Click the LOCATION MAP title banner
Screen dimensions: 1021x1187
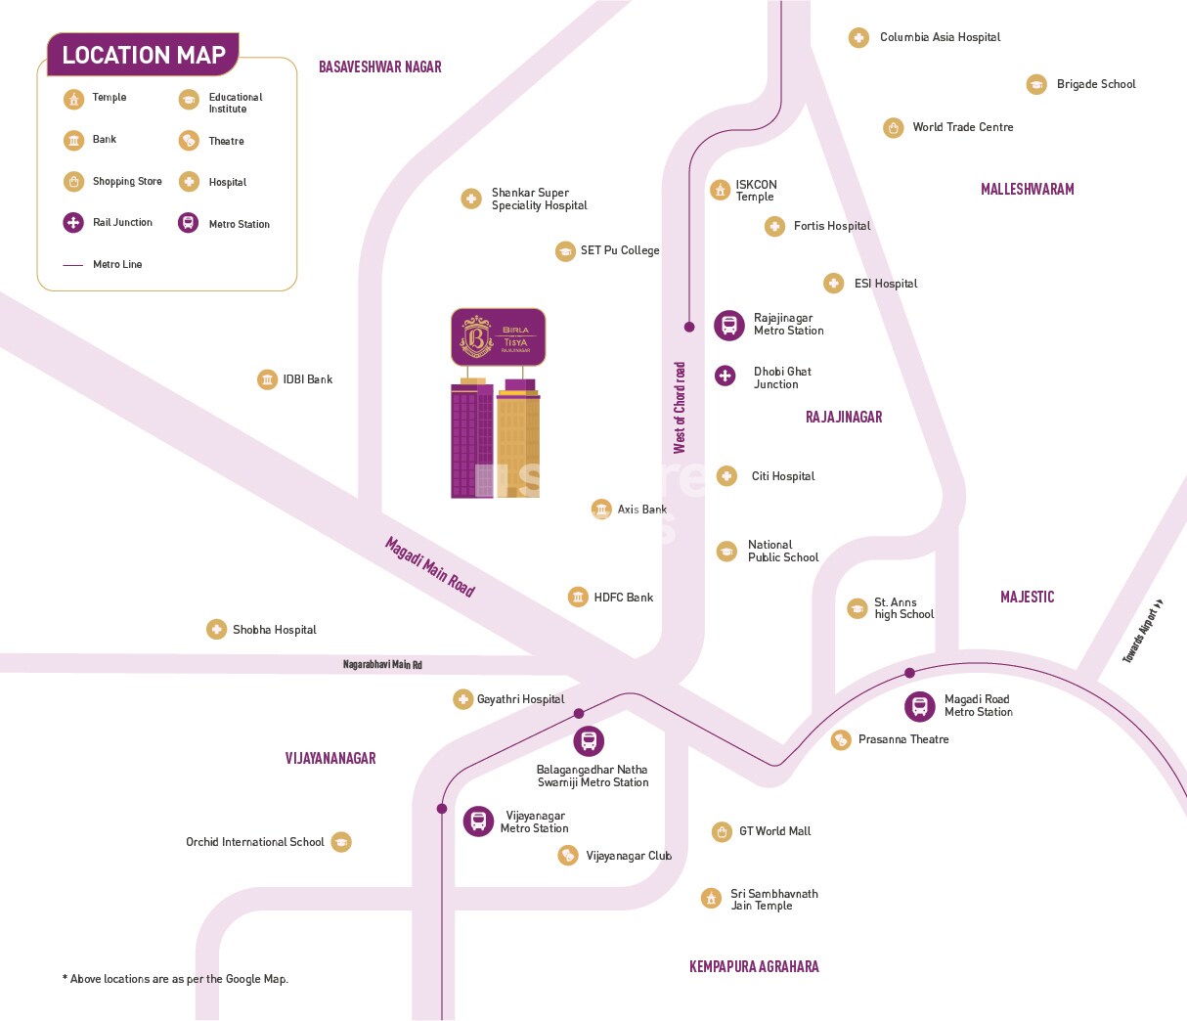click(143, 55)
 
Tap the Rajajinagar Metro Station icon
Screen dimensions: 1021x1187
click(728, 325)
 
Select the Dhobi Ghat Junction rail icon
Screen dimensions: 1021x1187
click(725, 376)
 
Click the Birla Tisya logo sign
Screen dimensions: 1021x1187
click(498, 337)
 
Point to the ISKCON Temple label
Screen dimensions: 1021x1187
click(756, 191)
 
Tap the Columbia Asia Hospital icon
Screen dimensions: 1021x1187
click(858, 38)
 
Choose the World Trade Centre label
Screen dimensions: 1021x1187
click(962, 127)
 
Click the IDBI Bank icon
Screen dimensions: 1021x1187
click(267, 379)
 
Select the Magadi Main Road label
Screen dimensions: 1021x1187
click(430, 566)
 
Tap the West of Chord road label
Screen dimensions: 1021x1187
click(680, 408)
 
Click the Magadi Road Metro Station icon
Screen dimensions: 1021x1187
click(919, 705)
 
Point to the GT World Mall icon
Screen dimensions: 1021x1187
click(722, 832)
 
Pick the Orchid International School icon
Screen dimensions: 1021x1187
click(340, 842)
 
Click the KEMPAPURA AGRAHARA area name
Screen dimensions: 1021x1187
click(754, 966)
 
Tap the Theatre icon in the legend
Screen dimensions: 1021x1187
click(189, 141)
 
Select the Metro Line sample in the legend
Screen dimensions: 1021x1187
click(73, 265)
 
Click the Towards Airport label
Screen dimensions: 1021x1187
click(1143, 632)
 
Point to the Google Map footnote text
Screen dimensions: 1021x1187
click(175, 979)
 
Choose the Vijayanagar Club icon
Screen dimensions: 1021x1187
click(568, 856)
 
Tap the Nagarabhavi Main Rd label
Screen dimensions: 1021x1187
click(382, 665)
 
